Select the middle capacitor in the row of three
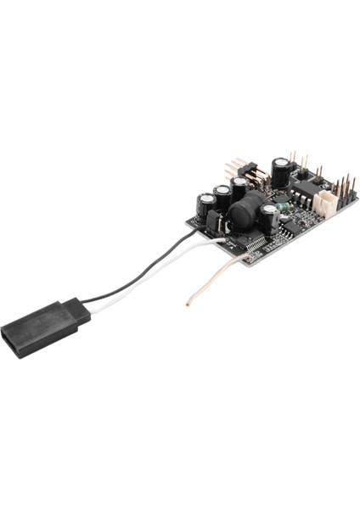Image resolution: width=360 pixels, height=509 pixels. pyautogui.click(x=222, y=198)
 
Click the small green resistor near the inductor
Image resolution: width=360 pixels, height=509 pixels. pyautogui.click(x=284, y=208)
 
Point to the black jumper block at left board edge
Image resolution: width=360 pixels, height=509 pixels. pyautogui.click(x=214, y=224)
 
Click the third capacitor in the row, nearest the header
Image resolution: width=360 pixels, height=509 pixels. pyautogui.click(x=240, y=188)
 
